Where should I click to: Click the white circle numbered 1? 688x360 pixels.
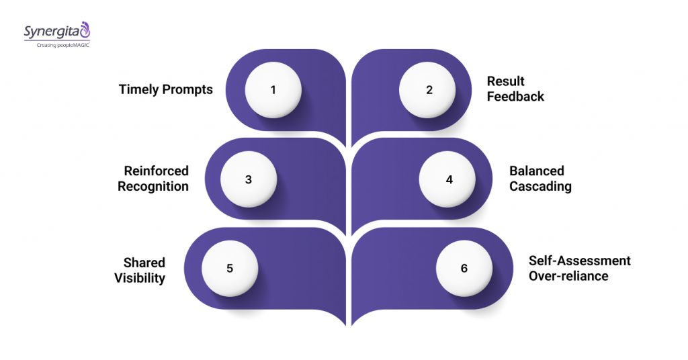point(273,89)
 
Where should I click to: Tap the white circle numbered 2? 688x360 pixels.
point(428,89)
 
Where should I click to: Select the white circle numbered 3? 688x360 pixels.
point(249,179)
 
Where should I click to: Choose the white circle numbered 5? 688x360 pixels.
point(230,268)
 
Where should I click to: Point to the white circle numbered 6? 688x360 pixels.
point(464,268)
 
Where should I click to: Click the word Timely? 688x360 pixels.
point(138,89)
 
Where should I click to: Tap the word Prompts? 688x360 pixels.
point(187,89)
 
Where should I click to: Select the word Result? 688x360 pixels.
point(506,81)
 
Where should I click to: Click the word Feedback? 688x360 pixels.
point(516,96)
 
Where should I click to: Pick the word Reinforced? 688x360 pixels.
point(157,171)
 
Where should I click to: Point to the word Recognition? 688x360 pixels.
point(153,186)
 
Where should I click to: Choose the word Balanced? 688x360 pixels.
point(537,171)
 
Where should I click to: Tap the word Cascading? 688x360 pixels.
point(540,186)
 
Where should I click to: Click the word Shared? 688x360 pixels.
point(144,262)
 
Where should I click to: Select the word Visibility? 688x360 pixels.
point(140,277)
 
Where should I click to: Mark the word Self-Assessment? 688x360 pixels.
point(580,261)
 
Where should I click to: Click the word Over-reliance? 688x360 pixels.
point(568,275)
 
